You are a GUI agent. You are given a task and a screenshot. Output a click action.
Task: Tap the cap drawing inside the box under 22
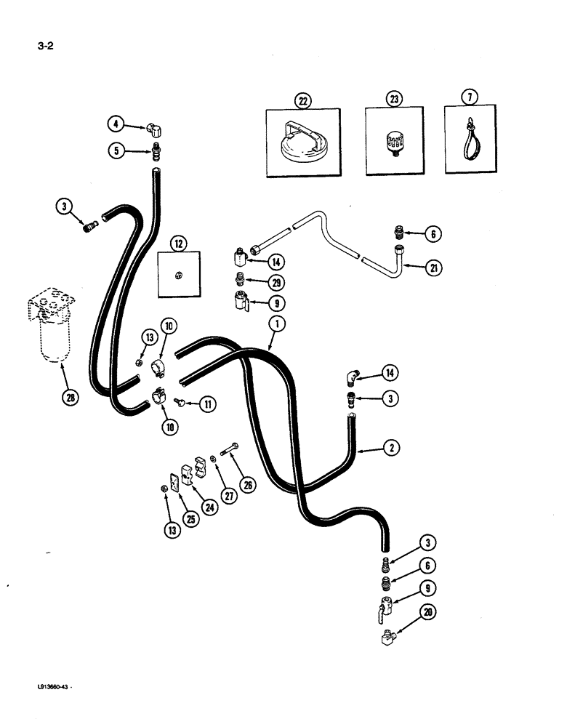[302, 146]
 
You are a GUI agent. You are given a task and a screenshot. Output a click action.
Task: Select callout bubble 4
[116, 124]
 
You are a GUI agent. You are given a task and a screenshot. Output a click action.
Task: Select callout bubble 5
[116, 151]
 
